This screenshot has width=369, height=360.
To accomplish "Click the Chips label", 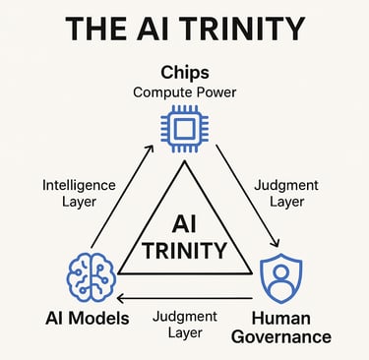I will pos(184,75).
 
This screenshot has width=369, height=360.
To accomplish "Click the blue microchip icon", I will pos(184,127).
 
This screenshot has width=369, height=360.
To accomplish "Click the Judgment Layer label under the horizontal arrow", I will pos(184,324).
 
